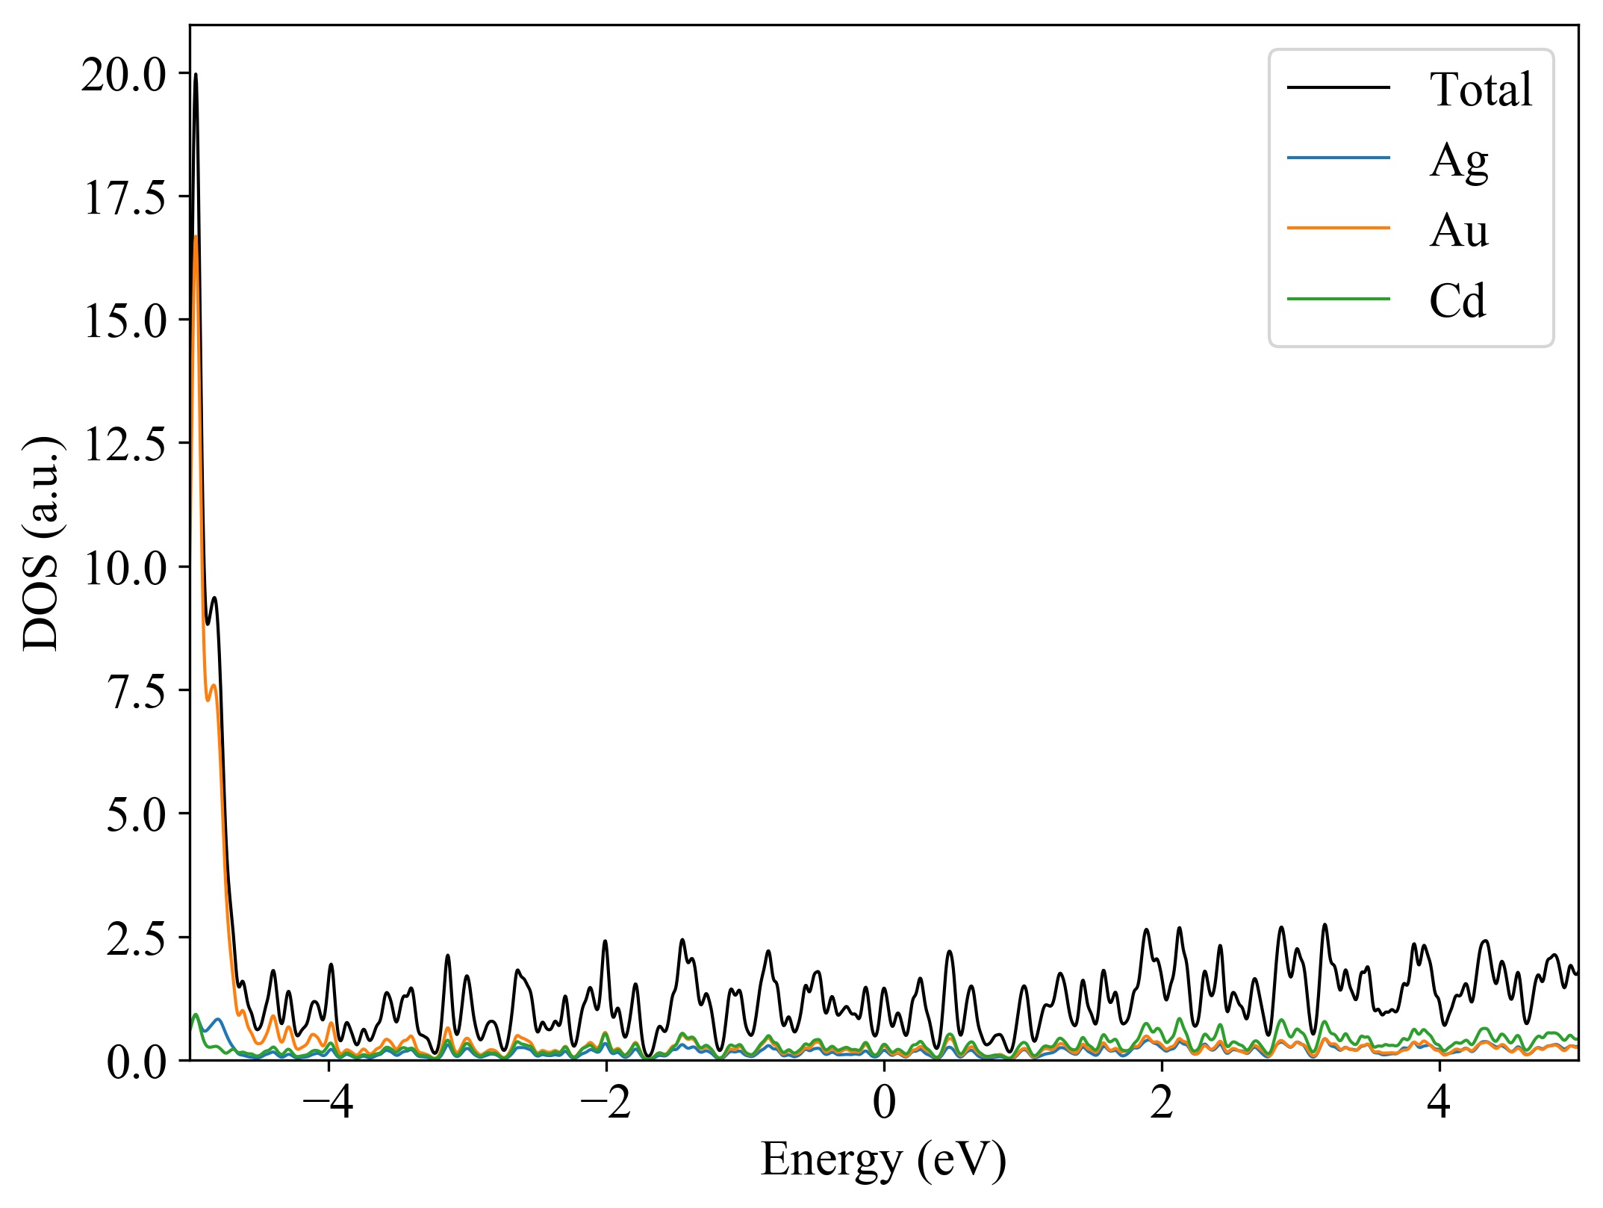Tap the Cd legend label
coord(1457,301)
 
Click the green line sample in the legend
coord(1338,300)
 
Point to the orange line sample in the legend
coord(1338,228)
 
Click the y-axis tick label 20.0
coord(124,75)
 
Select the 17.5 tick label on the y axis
coord(124,198)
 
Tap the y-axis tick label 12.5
coord(124,445)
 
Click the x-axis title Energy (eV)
coord(884,1160)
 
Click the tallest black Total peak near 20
coord(196,75)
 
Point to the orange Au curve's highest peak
coord(196,237)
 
